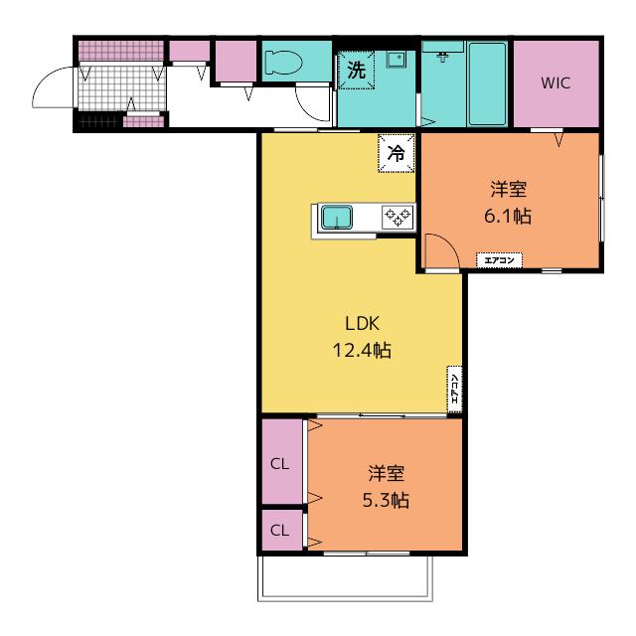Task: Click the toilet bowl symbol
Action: click(284, 63)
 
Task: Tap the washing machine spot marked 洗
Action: click(356, 70)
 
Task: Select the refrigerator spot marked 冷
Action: click(397, 153)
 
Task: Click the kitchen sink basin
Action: click(337, 217)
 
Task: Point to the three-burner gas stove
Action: click(397, 217)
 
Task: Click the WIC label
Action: click(556, 82)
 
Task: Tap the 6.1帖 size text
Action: click(508, 216)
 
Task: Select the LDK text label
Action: click(362, 323)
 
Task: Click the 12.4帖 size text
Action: click(362, 350)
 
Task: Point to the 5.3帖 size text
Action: click(386, 500)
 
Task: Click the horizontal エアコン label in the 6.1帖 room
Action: click(499, 260)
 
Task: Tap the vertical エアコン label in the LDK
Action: click(455, 389)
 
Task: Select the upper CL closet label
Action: click(280, 464)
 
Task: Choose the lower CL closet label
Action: click(280, 530)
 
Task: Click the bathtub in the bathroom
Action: click(487, 83)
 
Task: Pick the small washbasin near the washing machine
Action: click(396, 60)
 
